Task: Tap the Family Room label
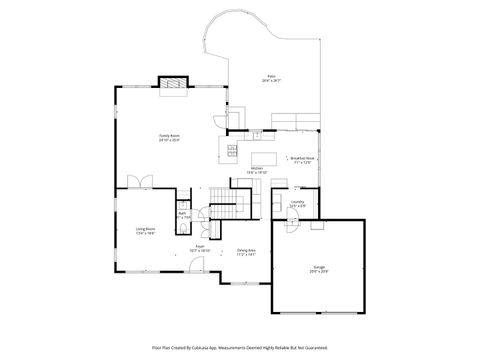pos(168,138)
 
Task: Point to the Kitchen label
pos(256,171)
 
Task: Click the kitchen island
pos(261,155)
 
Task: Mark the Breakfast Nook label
pos(302,158)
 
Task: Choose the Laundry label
pos(297,203)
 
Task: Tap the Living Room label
pos(145,231)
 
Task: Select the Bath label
pos(183,214)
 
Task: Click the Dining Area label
pos(246,252)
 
